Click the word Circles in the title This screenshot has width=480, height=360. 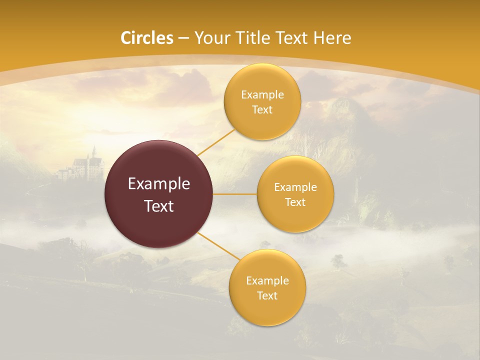(x=147, y=38)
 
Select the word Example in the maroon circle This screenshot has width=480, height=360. (x=159, y=184)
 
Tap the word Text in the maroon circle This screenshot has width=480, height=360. (x=159, y=206)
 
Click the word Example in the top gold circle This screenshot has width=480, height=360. (x=262, y=95)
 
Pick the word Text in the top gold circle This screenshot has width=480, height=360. (x=262, y=110)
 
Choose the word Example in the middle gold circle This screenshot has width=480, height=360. (x=295, y=187)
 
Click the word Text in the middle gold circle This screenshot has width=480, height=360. (x=295, y=202)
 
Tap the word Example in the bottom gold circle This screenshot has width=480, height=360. (x=267, y=281)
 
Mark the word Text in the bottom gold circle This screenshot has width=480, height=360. (x=267, y=296)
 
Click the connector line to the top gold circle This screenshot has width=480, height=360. (x=215, y=141)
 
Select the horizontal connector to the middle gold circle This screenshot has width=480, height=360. (x=235, y=194)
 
